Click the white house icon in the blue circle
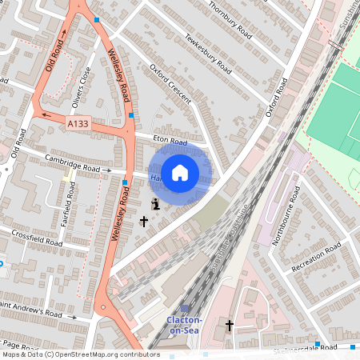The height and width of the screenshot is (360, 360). (x=180, y=171)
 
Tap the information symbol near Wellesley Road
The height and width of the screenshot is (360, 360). (x=155, y=204)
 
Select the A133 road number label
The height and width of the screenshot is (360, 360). (x=78, y=124)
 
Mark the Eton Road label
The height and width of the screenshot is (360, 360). (x=169, y=142)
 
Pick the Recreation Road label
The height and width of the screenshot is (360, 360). (x=317, y=261)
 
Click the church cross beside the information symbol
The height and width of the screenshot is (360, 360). (x=144, y=220)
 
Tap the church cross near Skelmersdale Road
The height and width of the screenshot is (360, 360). (x=230, y=326)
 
